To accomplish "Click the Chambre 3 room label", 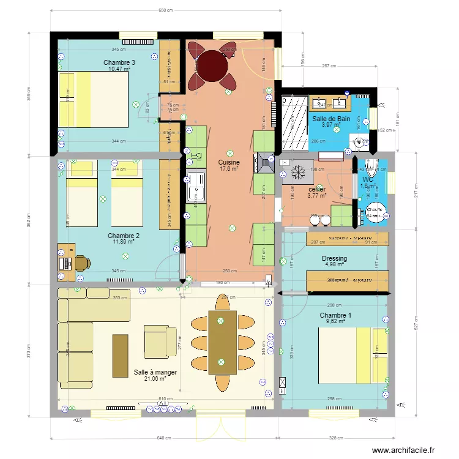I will coord(119,62).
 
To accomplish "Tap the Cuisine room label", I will coord(229,162).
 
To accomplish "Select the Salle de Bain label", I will coord(331,119).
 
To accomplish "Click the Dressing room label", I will coord(334,258).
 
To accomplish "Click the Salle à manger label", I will coord(155,371).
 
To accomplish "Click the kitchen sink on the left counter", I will coord(198,186).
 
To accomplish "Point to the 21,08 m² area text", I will coord(155,379).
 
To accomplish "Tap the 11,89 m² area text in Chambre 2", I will coord(123,242).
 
